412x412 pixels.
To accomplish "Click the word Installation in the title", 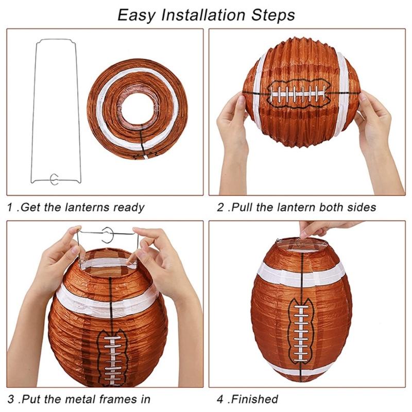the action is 203,15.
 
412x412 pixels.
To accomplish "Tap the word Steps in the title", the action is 273,15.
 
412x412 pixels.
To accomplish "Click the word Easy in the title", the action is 136,16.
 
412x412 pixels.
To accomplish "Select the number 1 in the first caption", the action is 10,208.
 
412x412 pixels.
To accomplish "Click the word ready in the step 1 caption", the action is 129,208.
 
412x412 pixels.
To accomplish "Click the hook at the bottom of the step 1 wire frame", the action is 54,179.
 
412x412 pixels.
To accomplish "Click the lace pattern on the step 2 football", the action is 299,94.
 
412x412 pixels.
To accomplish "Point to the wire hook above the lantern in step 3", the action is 108,235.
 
